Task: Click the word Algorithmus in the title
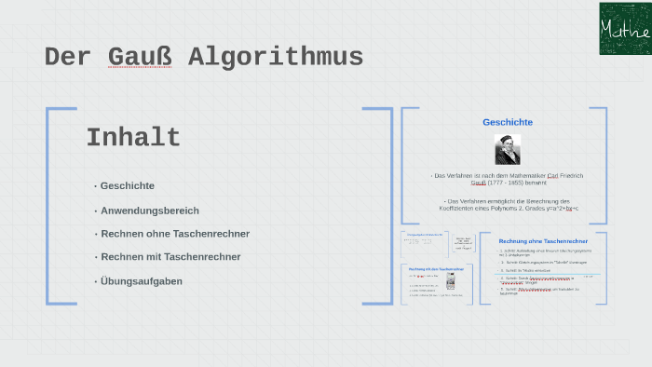point(276,58)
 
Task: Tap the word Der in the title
point(68,58)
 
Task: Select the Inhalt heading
point(133,138)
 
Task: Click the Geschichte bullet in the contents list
point(128,185)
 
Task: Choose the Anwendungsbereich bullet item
point(150,211)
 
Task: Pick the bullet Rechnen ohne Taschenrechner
point(175,234)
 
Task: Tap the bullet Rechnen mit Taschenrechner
point(170,257)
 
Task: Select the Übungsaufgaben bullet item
point(142,280)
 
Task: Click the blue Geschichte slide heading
point(508,122)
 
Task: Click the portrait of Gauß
point(508,149)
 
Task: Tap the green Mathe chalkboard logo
point(624,28)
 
